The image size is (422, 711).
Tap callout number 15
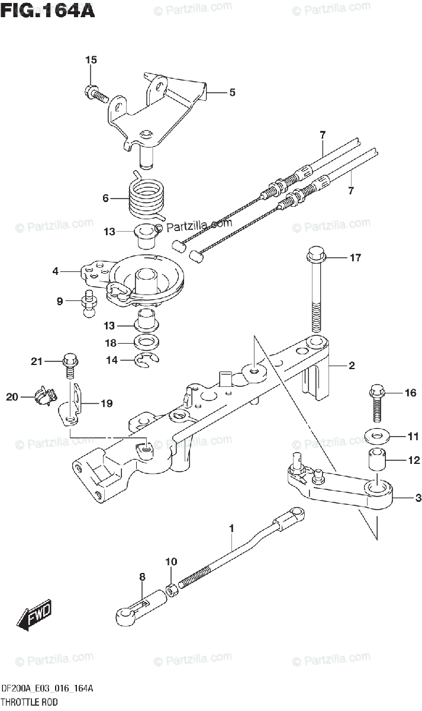point(91,60)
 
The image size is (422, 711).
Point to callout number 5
point(232,92)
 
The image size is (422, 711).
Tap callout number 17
point(355,258)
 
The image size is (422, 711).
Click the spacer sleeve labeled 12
point(373,461)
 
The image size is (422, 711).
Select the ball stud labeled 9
point(89,303)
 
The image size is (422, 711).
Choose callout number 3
point(418,498)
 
